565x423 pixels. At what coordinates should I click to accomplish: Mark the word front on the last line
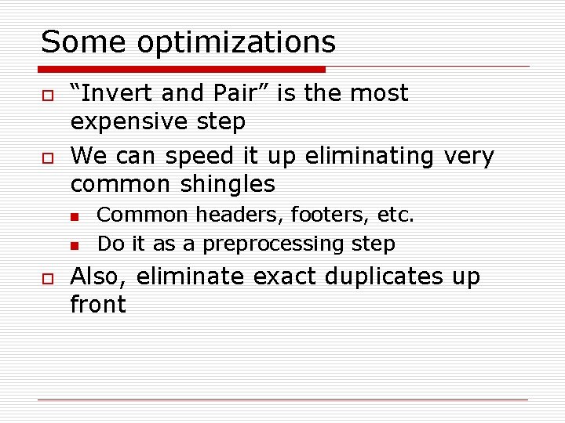[98, 305]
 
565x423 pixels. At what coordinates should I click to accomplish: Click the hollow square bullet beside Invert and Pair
[47, 95]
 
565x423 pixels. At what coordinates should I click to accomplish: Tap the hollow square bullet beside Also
[47, 278]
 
